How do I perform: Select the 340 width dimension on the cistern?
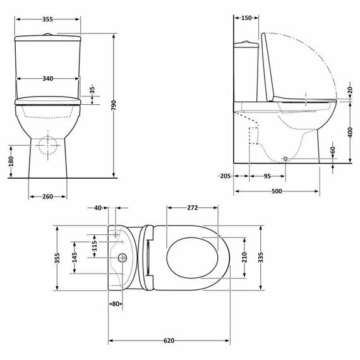pos(47,78)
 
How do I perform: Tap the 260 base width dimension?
pos(47,196)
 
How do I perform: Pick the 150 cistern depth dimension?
pos(246,18)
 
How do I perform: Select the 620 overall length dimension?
pos(169,341)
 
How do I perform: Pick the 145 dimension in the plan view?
pos(75,257)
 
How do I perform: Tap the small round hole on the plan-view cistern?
pos(121,258)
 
